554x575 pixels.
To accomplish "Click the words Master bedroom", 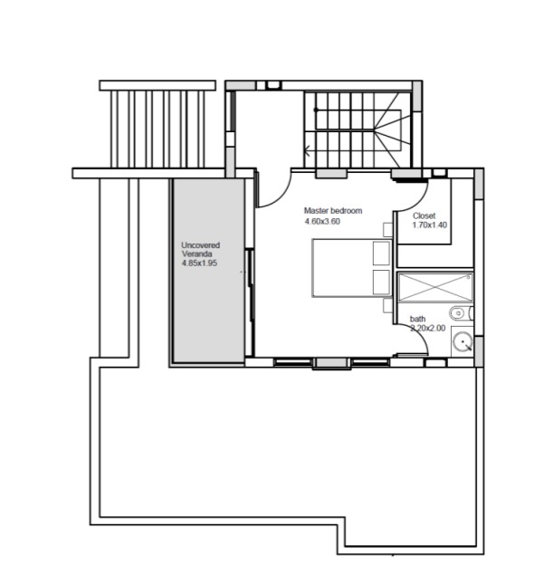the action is pyautogui.click(x=333, y=211).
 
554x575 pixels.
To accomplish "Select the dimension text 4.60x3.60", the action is pyautogui.click(x=322, y=222).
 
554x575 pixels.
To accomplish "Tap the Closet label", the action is pyautogui.click(x=425, y=216).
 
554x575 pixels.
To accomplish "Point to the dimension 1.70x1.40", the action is pyautogui.click(x=430, y=225).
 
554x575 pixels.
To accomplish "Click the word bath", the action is pyautogui.click(x=417, y=319).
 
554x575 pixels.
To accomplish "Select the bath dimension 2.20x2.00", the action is pyautogui.click(x=428, y=328).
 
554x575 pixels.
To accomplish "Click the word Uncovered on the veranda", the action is pyautogui.click(x=201, y=245).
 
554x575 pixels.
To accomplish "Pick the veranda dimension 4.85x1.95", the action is pyautogui.click(x=199, y=263).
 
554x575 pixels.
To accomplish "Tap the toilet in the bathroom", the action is pyautogui.click(x=462, y=313).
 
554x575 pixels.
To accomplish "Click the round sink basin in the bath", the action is pyautogui.click(x=463, y=341).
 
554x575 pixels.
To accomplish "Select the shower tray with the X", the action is pyautogui.click(x=435, y=288).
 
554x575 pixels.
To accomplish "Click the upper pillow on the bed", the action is pyautogui.click(x=381, y=253).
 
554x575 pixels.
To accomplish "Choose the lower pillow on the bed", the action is pyautogui.click(x=381, y=282).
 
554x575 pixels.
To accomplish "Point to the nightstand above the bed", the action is pyautogui.click(x=388, y=230).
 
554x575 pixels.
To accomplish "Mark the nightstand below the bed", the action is pyautogui.click(x=388, y=305).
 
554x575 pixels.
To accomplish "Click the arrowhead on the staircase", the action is pyautogui.click(x=307, y=150).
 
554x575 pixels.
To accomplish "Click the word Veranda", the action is pyautogui.click(x=197, y=254).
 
